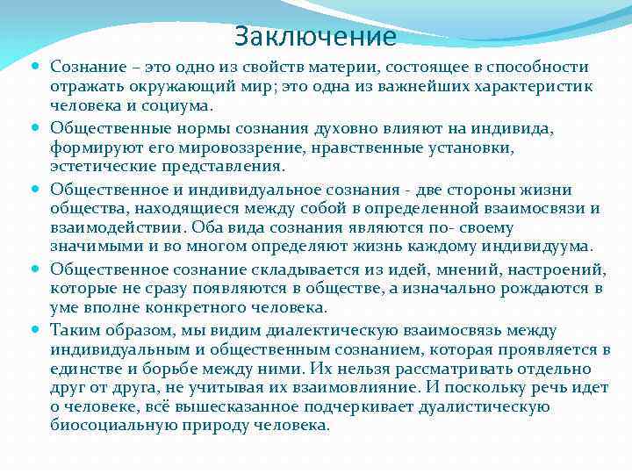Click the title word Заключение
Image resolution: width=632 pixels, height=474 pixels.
click(x=315, y=37)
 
